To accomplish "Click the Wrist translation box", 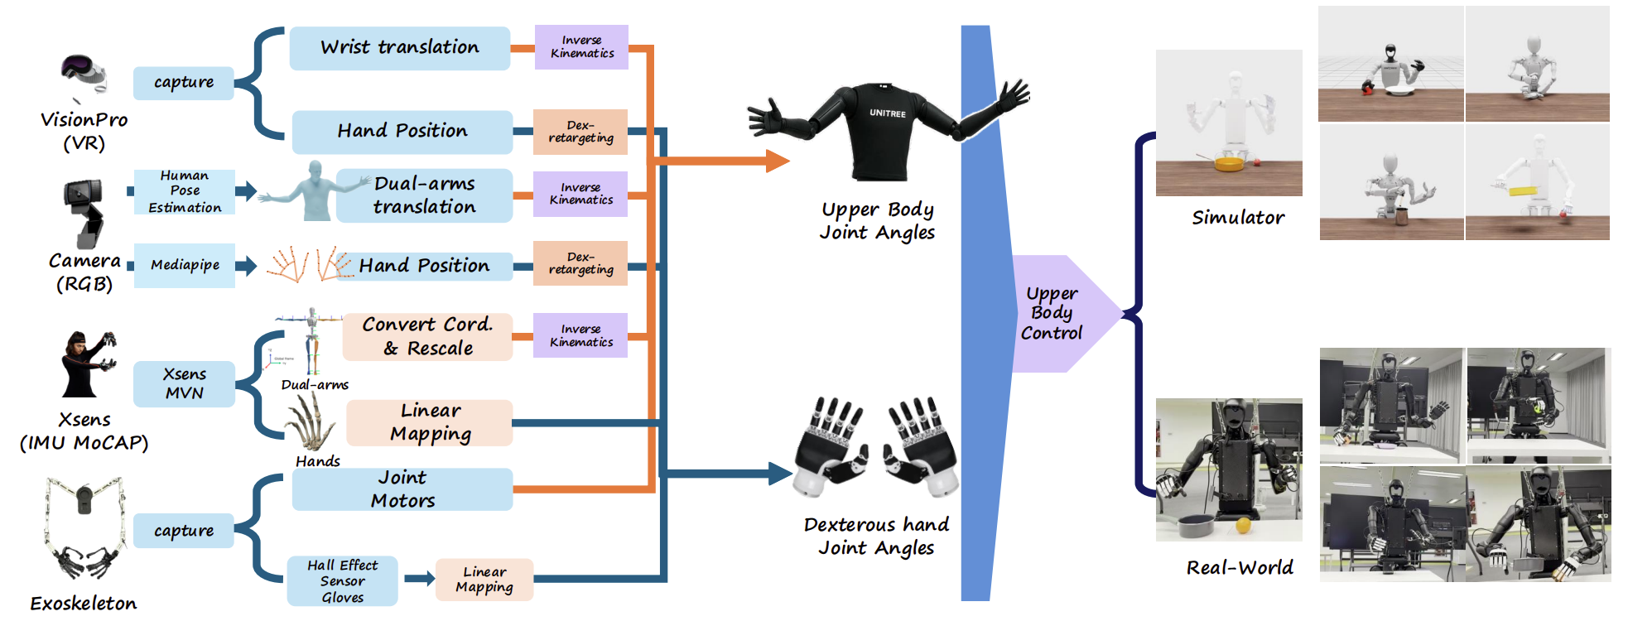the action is (400, 48).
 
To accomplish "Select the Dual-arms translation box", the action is (424, 195).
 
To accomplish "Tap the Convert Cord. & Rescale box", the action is (427, 336).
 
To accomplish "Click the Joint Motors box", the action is (402, 489).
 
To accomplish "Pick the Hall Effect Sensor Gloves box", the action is (342, 580).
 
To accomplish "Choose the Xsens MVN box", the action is (184, 383).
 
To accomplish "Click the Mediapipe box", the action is (185, 265).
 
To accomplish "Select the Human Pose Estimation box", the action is (185, 192).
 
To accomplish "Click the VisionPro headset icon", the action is (84, 75).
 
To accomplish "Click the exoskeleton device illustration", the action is (84, 527).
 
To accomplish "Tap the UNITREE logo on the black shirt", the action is (887, 113).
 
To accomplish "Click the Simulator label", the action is (1238, 218).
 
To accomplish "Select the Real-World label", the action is (1240, 567).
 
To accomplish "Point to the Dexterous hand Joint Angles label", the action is (876, 537).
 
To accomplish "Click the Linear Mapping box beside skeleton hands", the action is (431, 422).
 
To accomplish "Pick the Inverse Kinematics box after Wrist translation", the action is (581, 46).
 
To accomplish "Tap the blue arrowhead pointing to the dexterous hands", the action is (780, 474).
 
